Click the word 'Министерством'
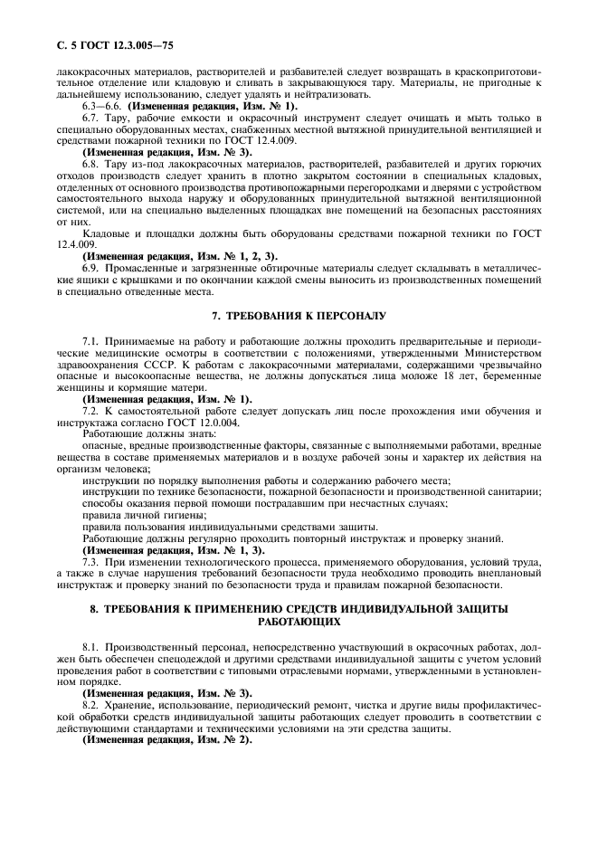tap(500, 353)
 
